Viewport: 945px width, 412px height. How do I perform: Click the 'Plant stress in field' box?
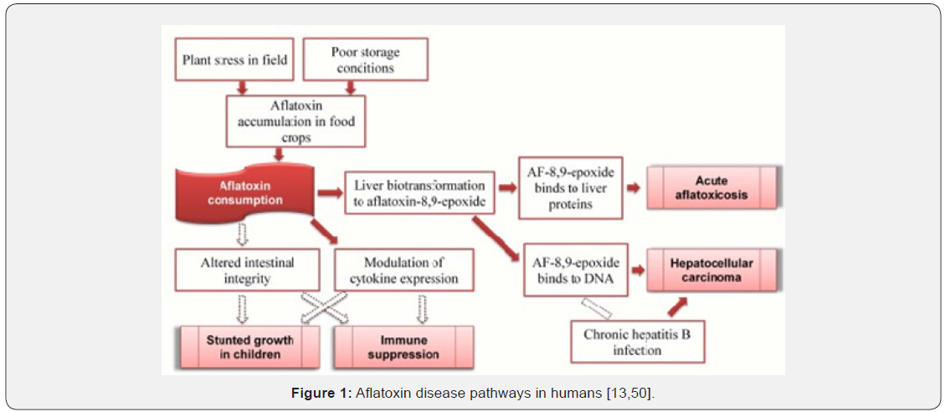tap(235, 59)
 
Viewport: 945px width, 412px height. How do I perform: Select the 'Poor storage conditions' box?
tap(365, 59)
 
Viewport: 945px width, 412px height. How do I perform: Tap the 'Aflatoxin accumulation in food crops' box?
tap(290, 121)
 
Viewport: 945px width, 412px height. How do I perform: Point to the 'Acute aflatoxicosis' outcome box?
tap(711, 188)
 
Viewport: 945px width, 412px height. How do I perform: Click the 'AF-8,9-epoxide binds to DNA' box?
tap(576, 270)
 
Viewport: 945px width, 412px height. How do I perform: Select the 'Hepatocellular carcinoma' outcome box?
tap(711, 270)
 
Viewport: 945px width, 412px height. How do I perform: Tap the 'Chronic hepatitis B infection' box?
tap(638, 342)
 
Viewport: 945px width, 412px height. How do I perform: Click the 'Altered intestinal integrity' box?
tap(247, 270)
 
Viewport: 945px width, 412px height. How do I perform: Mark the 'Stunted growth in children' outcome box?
tap(249, 348)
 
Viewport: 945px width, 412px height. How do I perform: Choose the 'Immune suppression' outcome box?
tap(403, 348)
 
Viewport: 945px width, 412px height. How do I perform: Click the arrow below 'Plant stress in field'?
tap(243, 87)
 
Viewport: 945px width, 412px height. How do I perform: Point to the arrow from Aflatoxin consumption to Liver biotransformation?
tap(330, 193)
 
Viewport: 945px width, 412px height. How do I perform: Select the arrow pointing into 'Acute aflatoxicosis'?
tap(633, 188)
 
